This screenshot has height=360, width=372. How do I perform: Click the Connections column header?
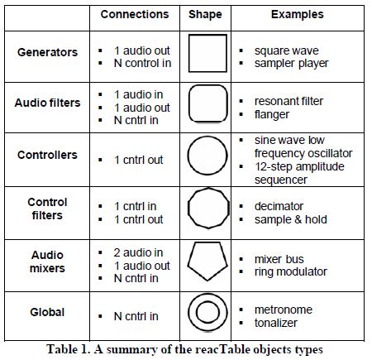[135, 14]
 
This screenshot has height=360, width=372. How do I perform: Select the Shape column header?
[205, 15]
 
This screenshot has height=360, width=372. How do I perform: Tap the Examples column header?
[298, 15]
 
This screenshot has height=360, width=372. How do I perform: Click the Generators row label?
[47, 52]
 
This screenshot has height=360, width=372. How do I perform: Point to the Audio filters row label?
[47, 103]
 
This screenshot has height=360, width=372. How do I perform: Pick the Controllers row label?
[47, 155]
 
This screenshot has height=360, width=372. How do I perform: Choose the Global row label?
[47, 312]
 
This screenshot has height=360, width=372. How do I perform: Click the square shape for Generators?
[189, 53]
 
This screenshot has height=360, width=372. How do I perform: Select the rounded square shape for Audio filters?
[189, 103]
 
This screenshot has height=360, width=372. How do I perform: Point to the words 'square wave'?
[287, 50]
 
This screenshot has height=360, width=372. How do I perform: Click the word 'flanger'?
[272, 114]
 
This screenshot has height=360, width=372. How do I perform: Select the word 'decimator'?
[279, 206]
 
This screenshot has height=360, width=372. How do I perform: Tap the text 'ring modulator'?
[291, 271]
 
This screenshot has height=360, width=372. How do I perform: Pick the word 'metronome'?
[284, 310]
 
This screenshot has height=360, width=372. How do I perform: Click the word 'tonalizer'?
[276, 323]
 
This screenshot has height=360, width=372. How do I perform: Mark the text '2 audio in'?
[138, 252]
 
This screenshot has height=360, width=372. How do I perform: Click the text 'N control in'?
[142, 63]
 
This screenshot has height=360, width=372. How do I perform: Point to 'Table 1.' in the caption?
[69, 349]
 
